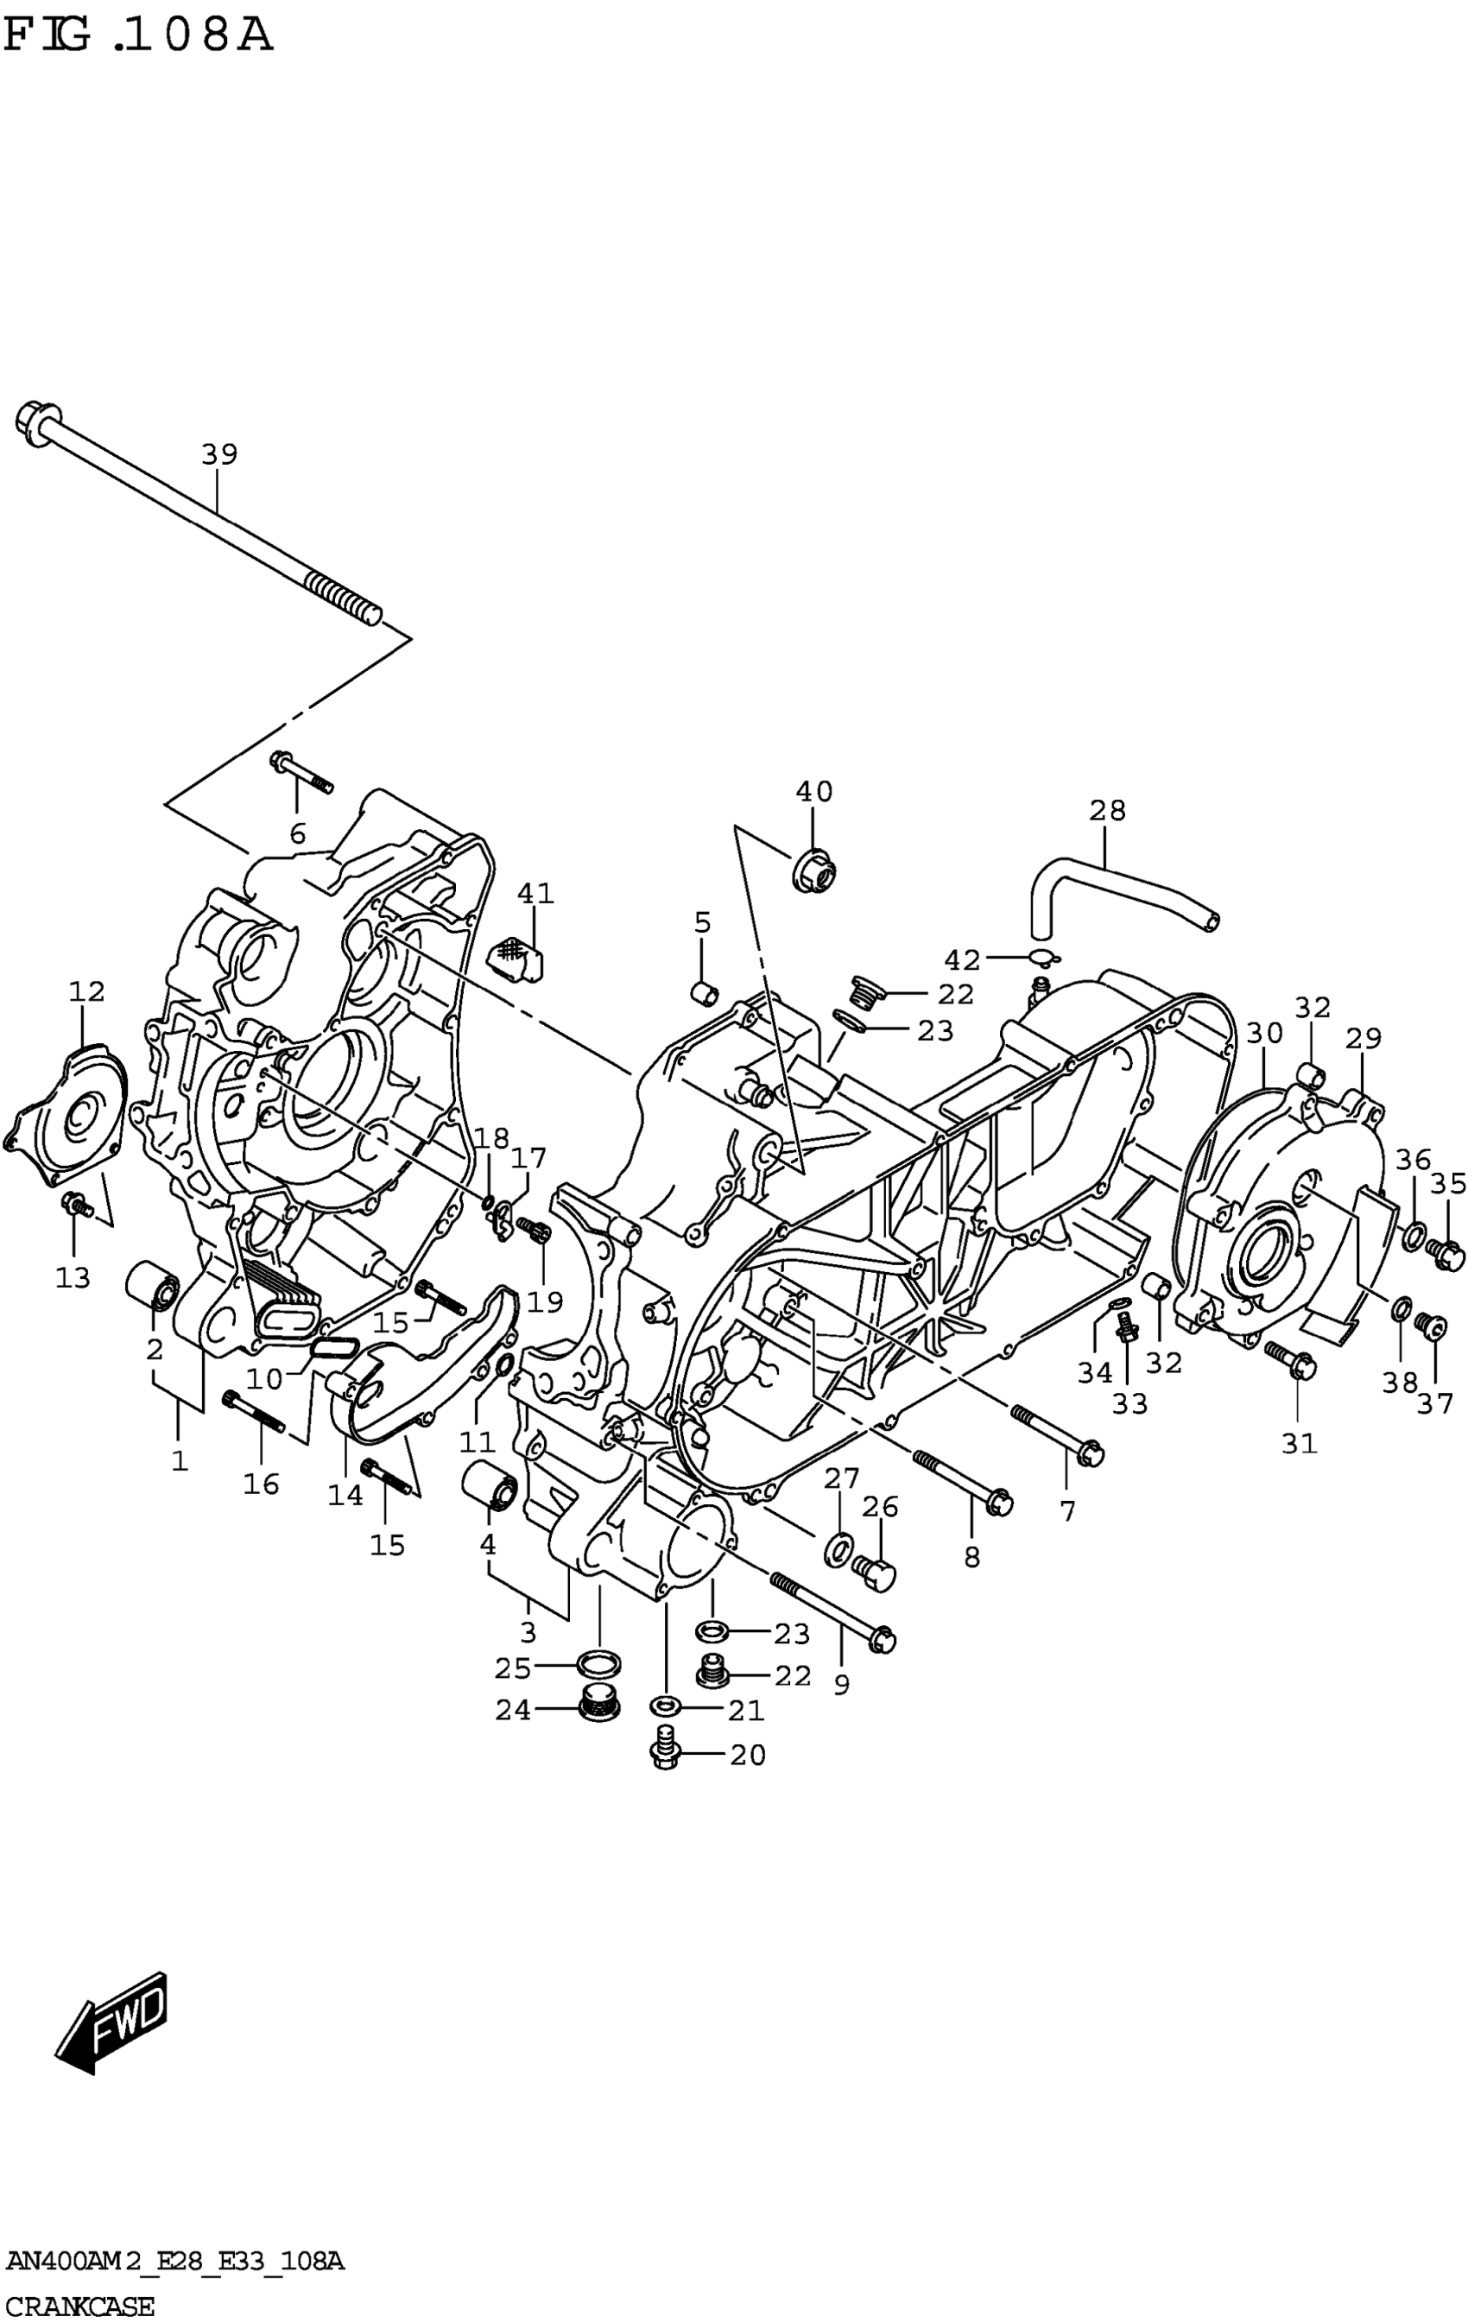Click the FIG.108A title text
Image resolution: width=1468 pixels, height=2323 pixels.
[x=138, y=35]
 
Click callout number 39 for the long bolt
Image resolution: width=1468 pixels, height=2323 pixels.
[x=219, y=453]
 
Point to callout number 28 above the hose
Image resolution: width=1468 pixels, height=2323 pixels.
[x=1107, y=810]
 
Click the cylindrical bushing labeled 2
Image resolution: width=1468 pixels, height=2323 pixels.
[x=152, y=1284]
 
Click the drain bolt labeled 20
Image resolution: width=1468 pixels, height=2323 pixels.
[x=666, y=1754]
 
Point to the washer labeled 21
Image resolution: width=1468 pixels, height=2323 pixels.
[x=666, y=1708]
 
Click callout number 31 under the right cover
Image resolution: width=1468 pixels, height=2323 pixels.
[x=1298, y=1443]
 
